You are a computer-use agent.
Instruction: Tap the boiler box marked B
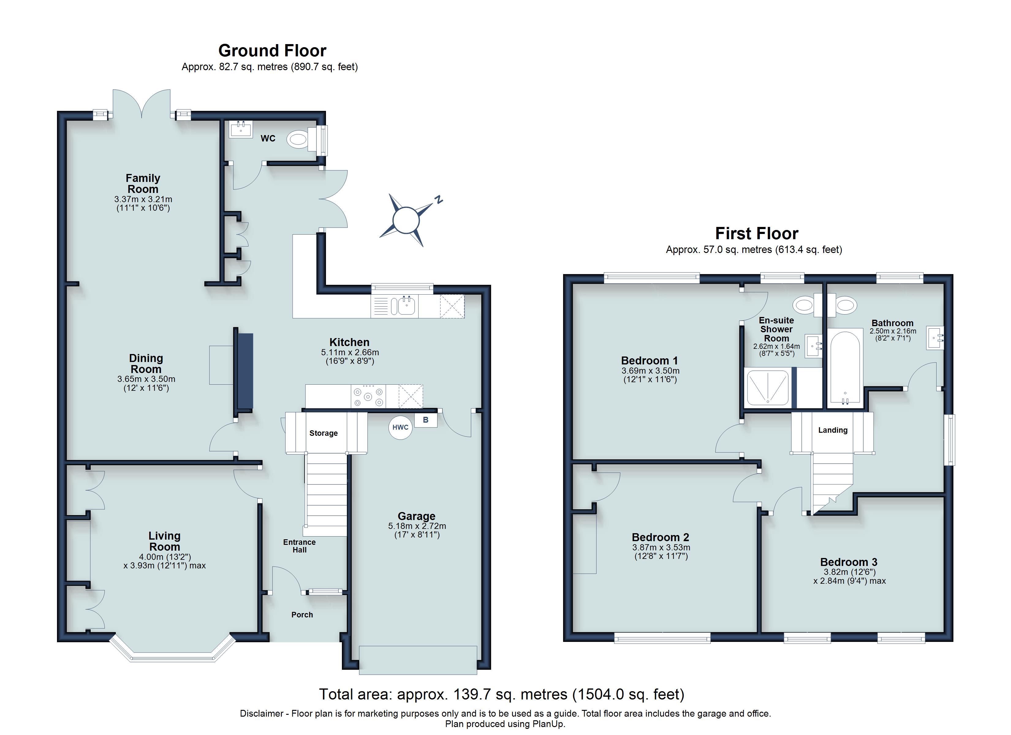(x=426, y=420)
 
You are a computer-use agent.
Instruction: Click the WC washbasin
(x=241, y=129)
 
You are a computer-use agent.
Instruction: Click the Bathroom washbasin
(x=935, y=338)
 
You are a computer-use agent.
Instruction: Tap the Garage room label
(x=416, y=516)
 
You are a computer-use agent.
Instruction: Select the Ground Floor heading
(x=272, y=51)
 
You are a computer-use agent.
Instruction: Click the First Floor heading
(x=756, y=234)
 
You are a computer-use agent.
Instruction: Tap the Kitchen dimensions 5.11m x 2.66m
(x=350, y=352)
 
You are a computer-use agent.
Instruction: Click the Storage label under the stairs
(x=323, y=433)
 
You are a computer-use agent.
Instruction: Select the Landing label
(x=832, y=430)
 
